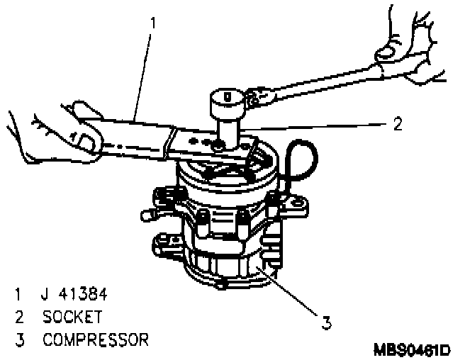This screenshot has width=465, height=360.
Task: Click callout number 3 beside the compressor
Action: pyautogui.click(x=326, y=322)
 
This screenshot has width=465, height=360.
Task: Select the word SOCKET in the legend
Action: pyautogui.click(x=72, y=316)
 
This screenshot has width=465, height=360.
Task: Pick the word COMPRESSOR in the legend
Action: pyautogui.click(x=96, y=339)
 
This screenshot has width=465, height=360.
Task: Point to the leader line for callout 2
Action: pyautogui.click(x=319, y=125)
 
